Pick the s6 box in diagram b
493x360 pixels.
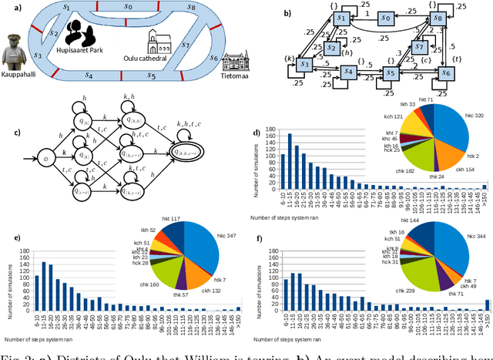coord(445,72)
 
